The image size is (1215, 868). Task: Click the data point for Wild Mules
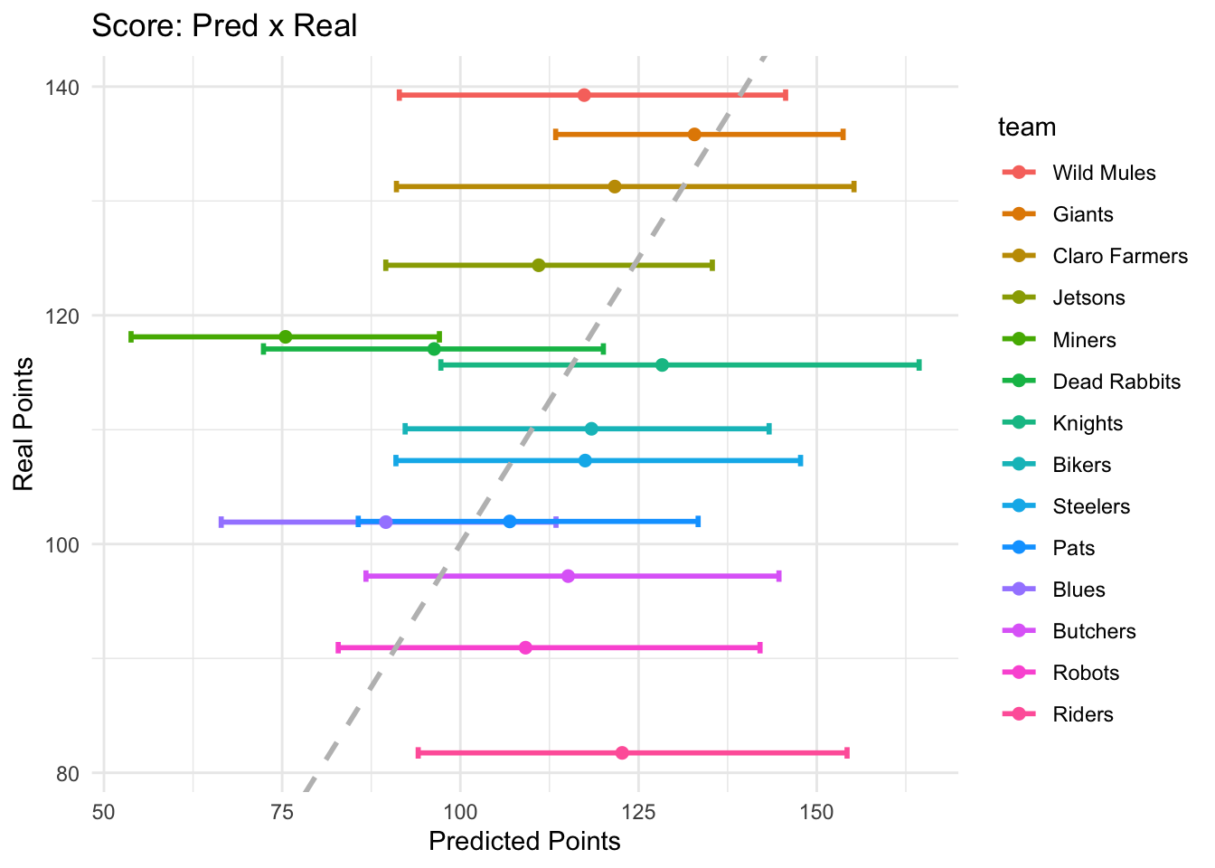point(584,95)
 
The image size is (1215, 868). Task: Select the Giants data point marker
point(694,135)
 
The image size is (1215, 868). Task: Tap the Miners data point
point(286,336)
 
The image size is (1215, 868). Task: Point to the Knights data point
point(662,365)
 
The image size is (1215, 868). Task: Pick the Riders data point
point(622,753)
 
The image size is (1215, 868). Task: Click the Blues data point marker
point(386,522)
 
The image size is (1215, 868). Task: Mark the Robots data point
point(525,647)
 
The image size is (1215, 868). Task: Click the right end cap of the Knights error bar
point(919,365)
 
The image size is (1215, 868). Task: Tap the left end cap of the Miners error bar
point(131,336)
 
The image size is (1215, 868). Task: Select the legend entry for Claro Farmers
point(1119,256)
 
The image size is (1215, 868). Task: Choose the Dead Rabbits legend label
point(1116,382)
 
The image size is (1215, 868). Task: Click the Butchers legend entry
point(1094,631)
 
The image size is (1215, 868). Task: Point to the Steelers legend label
point(1091,506)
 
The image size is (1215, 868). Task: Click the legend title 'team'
point(1027,127)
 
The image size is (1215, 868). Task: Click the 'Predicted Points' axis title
point(524,842)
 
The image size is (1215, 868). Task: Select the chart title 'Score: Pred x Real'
point(224,25)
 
